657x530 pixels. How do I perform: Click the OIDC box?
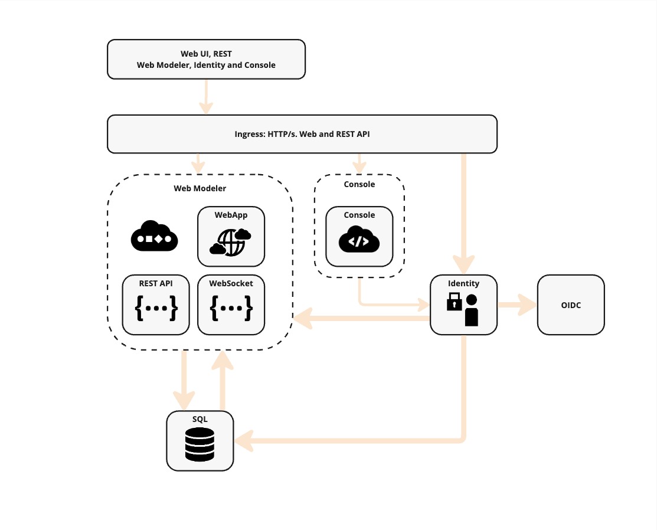click(x=570, y=305)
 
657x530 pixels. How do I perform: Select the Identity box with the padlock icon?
click(x=463, y=305)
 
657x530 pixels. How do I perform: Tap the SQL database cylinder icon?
click(x=200, y=445)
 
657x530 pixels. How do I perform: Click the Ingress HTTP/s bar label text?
click(x=302, y=134)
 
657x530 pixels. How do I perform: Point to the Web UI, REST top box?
click(x=206, y=59)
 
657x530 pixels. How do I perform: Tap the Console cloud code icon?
click(x=359, y=240)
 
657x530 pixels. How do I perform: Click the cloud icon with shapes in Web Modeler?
click(x=154, y=237)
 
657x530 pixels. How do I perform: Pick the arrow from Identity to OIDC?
click(x=517, y=305)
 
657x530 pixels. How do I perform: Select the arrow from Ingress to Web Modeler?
click(x=198, y=162)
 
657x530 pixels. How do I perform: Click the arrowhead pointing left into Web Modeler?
click(x=302, y=319)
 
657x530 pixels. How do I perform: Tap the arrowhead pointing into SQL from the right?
click(x=243, y=440)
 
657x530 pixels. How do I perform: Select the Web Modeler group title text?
click(x=200, y=189)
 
